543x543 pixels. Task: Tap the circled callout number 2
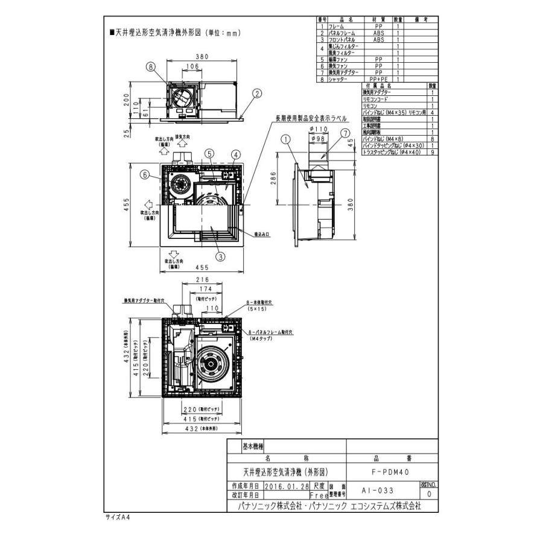point(258,94)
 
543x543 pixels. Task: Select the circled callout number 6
point(145,175)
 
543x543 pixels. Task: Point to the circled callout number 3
point(220,256)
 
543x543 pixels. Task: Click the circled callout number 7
point(345,133)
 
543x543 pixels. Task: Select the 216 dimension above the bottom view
point(202,281)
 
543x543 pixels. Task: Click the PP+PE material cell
point(378,79)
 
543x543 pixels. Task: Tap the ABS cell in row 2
point(378,34)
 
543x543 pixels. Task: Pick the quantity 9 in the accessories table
point(433,153)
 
